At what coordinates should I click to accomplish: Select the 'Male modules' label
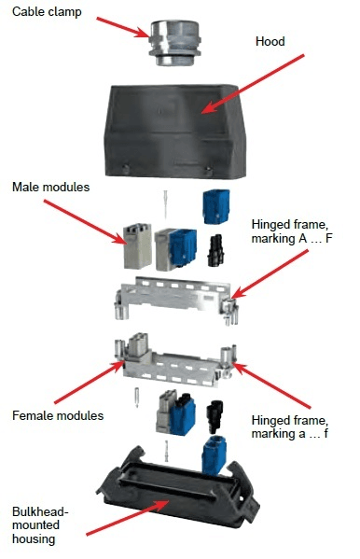click(50, 188)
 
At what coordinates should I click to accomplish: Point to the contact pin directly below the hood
click(165, 203)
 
